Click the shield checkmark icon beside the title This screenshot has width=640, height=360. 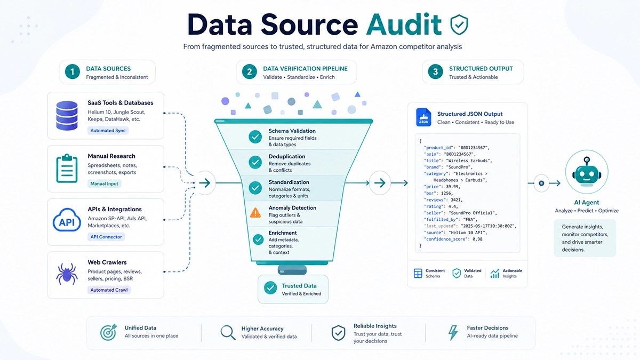pos(459,25)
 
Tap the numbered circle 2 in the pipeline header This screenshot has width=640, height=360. pos(249,71)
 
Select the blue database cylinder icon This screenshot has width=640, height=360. pos(67,115)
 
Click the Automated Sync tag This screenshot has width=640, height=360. pos(108,131)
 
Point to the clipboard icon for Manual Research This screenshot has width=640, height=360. pos(67,169)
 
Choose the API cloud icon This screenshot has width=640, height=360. pos(67,220)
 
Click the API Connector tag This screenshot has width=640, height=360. pos(106,237)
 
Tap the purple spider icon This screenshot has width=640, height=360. pos(67,274)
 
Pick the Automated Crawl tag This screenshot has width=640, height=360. pos(109,290)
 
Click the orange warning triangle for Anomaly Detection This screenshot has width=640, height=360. pos(255,213)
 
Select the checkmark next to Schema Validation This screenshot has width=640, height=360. pos(255,137)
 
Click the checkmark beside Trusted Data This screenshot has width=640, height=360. pos(270,288)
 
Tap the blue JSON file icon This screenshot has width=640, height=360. pos(423,117)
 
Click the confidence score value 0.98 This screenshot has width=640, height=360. pos(477,239)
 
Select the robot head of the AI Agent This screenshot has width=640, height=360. pos(587,172)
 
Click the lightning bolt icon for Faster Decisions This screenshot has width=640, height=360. pos(453,333)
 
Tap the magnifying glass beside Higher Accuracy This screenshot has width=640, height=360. pos(228,333)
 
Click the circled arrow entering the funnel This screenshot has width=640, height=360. pos(205,183)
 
